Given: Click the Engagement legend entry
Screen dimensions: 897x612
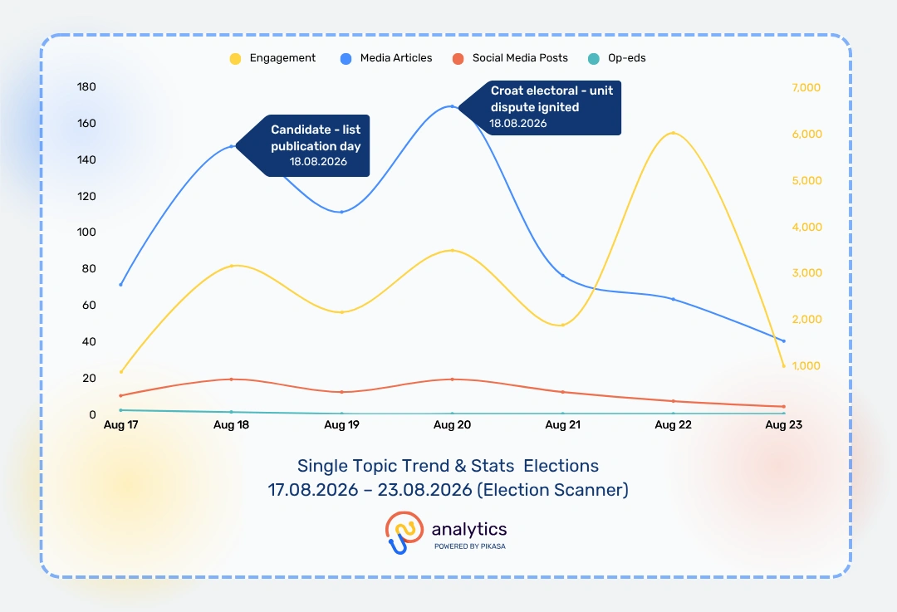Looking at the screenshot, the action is [x=272, y=58].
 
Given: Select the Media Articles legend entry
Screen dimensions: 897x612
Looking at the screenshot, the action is [x=386, y=58].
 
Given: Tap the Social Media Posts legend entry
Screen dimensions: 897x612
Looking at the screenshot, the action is [x=510, y=58].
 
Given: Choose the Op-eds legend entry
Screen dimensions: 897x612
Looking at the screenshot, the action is [x=616, y=58].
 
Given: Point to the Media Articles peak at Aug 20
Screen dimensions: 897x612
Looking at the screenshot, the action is [x=452, y=106].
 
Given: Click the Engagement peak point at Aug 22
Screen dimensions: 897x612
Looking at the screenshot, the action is [x=674, y=133].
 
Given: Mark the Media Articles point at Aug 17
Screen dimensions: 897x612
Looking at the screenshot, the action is [x=120, y=284].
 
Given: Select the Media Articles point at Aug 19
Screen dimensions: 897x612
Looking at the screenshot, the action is [x=341, y=213].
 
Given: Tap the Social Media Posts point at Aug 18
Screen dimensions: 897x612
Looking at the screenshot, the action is [x=231, y=379].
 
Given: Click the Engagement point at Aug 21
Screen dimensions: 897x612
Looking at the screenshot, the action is [x=563, y=325].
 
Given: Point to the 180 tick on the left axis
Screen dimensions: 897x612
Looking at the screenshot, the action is [x=86, y=87].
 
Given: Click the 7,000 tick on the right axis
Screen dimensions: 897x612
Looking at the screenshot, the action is [x=806, y=87].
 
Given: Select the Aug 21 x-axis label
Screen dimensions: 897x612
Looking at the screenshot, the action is [x=563, y=425].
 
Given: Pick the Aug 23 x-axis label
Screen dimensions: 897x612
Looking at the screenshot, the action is [x=784, y=425].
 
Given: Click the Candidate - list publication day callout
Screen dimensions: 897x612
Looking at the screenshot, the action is [x=302, y=146].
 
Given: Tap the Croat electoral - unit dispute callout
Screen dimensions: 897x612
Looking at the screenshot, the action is [x=540, y=107].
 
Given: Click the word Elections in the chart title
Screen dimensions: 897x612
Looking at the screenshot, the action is [x=561, y=466].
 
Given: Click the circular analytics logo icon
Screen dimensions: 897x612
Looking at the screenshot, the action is [x=404, y=532].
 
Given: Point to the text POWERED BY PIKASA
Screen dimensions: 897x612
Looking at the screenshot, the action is [x=469, y=546].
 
